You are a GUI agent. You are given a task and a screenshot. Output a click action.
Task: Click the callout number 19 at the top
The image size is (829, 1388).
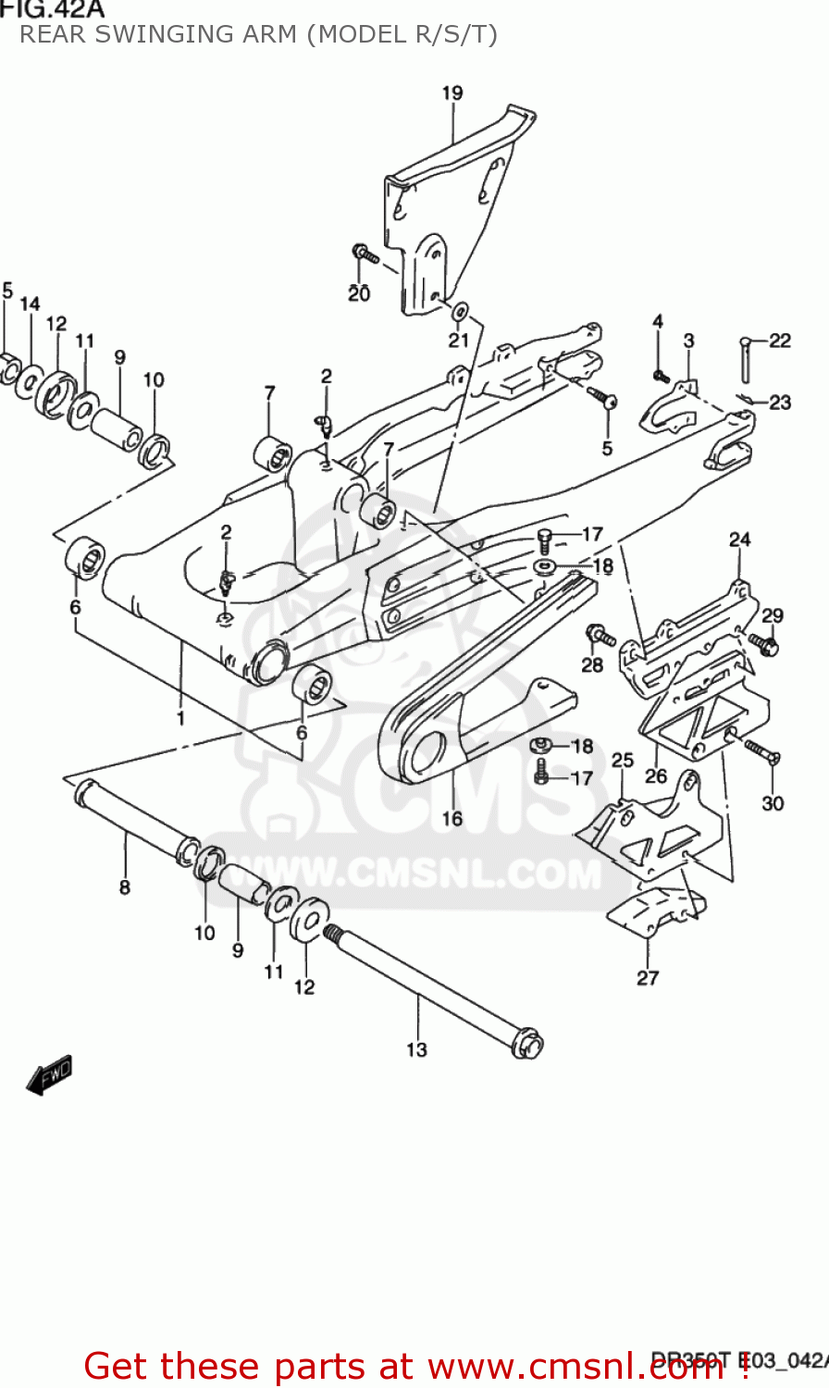452,93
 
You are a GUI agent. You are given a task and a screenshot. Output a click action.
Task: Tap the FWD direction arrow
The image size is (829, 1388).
49,1075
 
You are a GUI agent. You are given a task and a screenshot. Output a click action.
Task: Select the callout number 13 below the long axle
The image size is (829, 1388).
416,1048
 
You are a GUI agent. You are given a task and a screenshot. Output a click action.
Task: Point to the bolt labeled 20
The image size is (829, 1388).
363,252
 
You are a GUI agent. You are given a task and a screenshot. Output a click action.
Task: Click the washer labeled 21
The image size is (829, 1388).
460,310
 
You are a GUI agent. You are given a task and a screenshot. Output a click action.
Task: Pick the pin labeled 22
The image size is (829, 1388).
746,358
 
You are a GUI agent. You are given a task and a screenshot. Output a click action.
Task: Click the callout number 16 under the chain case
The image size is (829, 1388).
452,818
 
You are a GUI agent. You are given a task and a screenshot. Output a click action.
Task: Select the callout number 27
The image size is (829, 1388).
648,977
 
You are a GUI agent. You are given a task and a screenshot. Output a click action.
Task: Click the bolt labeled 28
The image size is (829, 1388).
600,636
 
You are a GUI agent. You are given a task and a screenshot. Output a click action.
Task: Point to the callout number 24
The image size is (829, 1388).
739,539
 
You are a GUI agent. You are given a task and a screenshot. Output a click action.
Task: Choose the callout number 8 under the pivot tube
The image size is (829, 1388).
125,887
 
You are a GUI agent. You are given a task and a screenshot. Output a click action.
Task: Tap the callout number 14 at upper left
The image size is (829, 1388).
30,304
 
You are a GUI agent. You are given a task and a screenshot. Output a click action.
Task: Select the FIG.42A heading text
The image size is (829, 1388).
52,9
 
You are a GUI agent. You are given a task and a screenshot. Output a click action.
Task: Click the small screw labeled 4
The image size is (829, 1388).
660,376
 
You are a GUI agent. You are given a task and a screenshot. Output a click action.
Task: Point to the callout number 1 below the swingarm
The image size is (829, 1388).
181,717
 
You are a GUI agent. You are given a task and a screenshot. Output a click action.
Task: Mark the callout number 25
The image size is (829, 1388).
623,760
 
